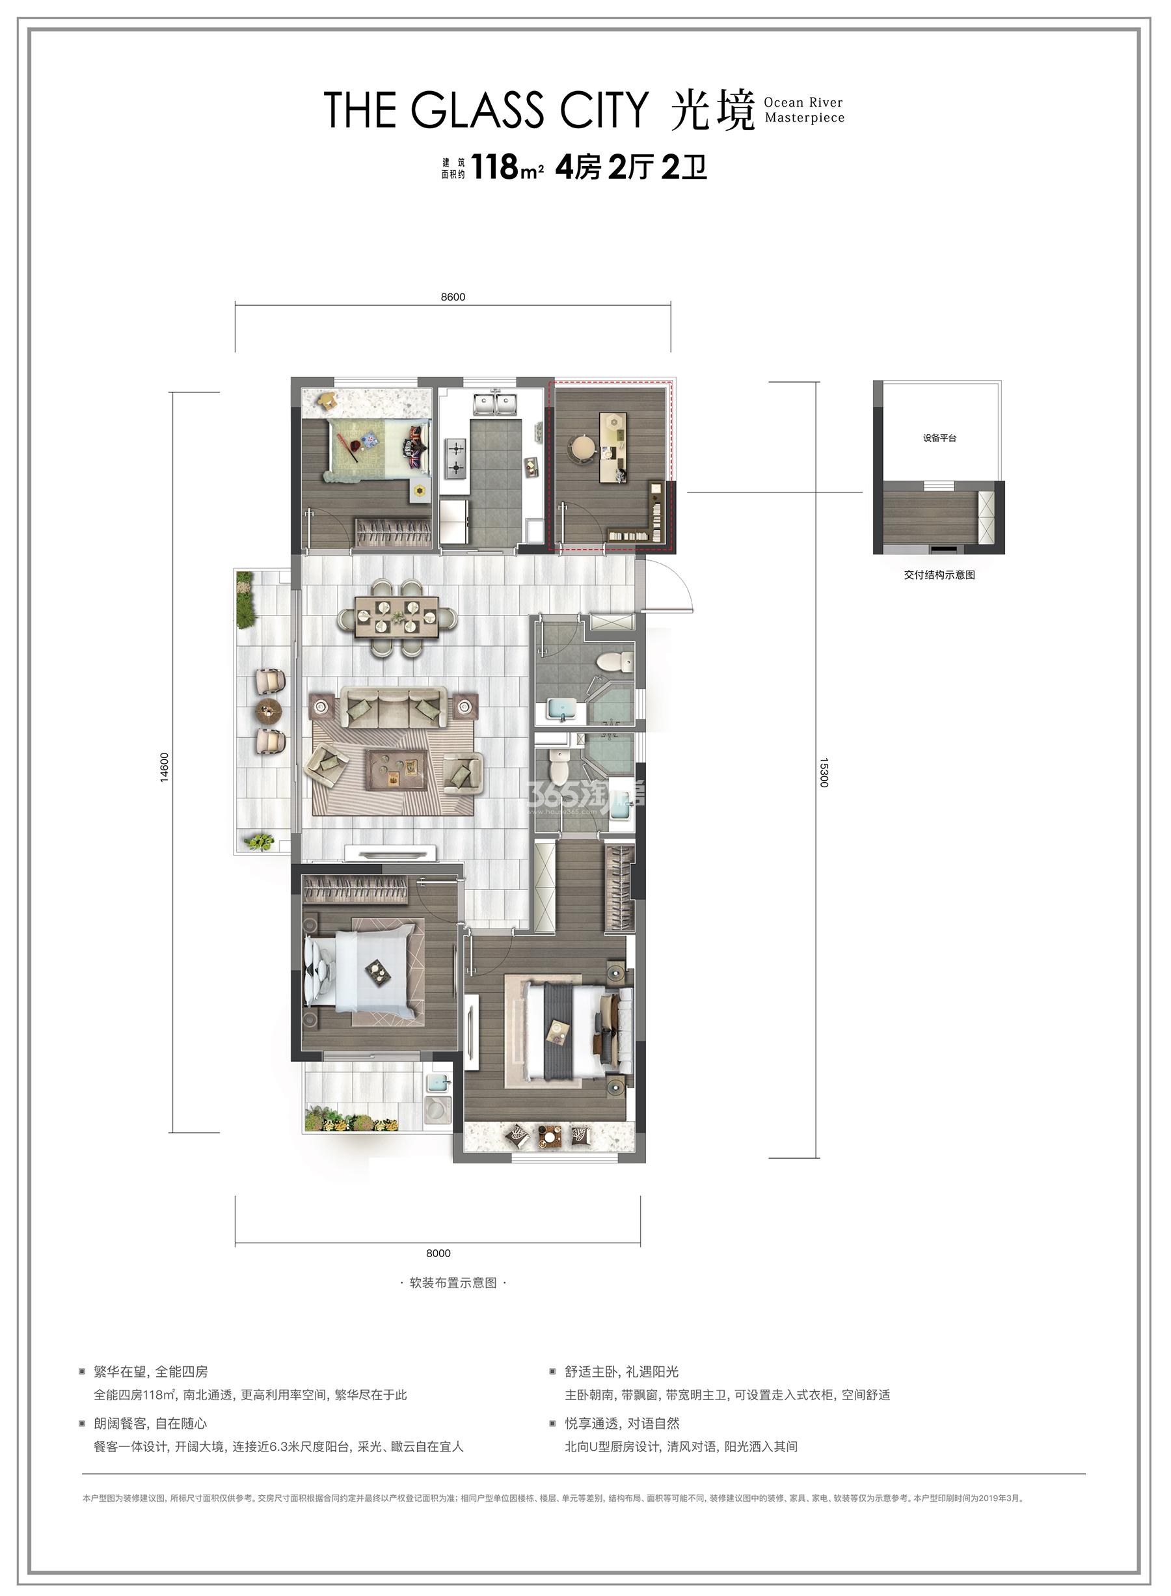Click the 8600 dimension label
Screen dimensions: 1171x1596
click(x=452, y=297)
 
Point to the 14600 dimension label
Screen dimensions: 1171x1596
click(x=165, y=767)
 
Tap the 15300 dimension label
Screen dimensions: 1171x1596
click(x=824, y=772)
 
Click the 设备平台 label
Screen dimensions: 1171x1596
click(x=939, y=438)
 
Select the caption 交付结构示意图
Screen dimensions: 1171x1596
click(x=939, y=575)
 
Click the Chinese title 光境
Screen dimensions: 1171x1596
click(x=712, y=111)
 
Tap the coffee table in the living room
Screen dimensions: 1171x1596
click(x=397, y=769)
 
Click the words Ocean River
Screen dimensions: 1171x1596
click(x=803, y=102)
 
